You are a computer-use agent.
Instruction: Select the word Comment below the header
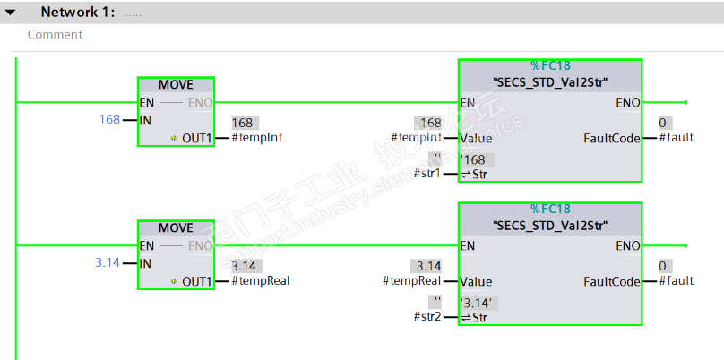[x=55, y=35]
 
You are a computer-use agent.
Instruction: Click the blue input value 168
[x=109, y=119]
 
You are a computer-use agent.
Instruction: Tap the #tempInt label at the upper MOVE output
[x=259, y=137]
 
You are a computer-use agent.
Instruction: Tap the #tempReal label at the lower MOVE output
[x=261, y=280]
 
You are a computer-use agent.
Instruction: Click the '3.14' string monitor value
[x=477, y=302]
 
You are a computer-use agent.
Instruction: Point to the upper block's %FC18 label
[x=550, y=65]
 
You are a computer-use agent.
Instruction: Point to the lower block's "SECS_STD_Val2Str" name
[x=550, y=224]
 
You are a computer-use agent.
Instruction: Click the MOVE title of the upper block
[x=176, y=85]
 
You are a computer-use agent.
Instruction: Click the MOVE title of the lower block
[x=176, y=228]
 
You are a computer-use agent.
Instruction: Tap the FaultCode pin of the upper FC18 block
[x=611, y=138]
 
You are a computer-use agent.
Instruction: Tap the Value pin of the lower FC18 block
[x=476, y=280]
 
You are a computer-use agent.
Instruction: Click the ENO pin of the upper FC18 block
[x=627, y=102]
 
